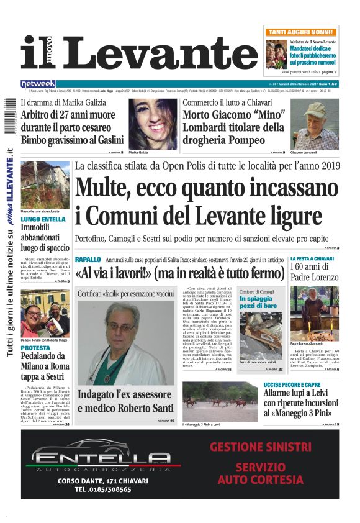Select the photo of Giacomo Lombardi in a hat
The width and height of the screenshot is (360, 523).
[x=315, y=124]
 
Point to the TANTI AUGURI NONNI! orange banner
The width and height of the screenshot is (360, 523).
[x=302, y=31]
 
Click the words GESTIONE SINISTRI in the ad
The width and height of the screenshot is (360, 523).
[x=260, y=447]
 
